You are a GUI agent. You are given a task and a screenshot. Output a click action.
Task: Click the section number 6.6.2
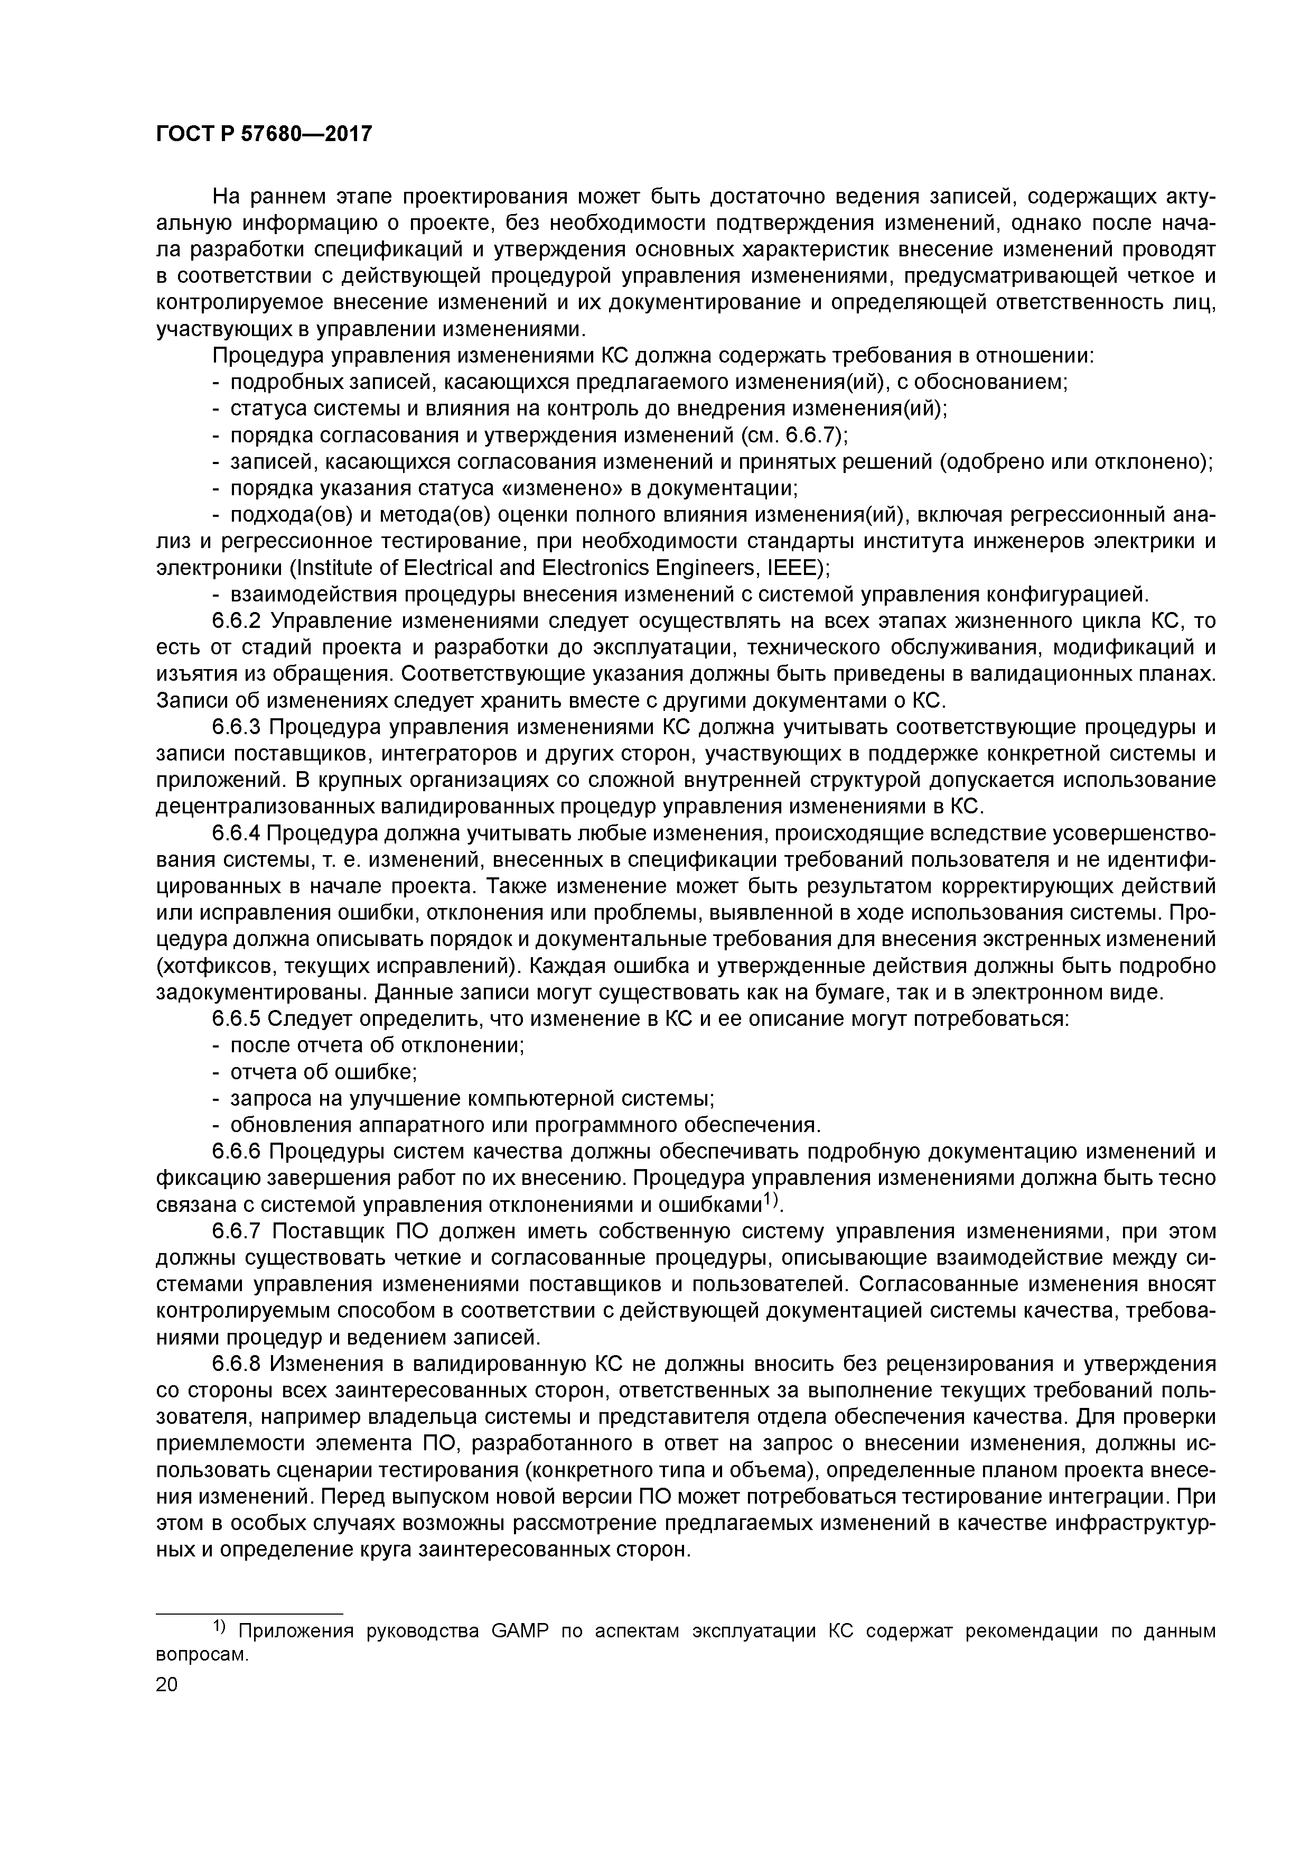(239, 621)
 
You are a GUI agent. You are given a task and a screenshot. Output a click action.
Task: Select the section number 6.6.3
(239, 728)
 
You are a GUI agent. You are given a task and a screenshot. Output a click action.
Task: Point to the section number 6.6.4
(238, 833)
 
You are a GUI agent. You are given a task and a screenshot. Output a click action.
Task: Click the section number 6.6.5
(239, 1019)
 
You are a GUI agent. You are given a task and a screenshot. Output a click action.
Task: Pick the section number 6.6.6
(239, 1152)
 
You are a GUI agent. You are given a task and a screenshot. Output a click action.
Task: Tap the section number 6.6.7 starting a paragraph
(239, 1257)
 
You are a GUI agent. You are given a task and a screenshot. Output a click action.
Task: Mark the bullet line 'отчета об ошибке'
(323, 1072)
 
